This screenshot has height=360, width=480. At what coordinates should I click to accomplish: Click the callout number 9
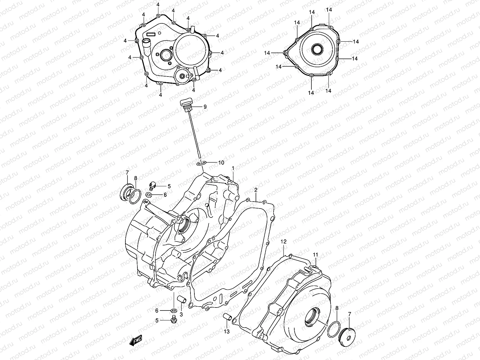205,106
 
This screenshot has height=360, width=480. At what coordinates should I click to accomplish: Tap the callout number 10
221,163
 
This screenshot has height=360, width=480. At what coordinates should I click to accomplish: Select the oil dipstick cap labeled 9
185,104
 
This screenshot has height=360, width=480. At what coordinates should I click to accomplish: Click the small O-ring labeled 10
201,163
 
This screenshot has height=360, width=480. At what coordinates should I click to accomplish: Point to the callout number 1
233,169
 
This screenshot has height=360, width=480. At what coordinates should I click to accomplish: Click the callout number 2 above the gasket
256,190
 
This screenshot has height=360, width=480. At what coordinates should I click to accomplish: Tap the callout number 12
283,241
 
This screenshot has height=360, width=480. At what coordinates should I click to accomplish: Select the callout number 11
315,255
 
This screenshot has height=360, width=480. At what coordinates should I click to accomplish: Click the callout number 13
226,331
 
